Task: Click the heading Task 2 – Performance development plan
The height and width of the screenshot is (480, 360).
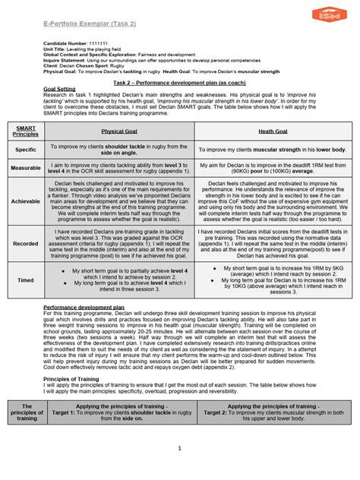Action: pyautogui.click(x=179, y=81)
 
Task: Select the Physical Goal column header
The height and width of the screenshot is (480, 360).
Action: pyautogui.click(x=118, y=131)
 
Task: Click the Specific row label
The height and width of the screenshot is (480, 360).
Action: pyautogui.click(x=27, y=150)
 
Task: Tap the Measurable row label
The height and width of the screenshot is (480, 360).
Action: pyautogui.click(x=27, y=167)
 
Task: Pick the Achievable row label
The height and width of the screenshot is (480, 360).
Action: pyautogui.click(x=27, y=201)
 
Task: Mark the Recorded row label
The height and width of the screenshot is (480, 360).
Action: pyautogui.click(x=27, y=245)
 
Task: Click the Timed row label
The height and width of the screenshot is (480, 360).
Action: pyautogui.click(x=27, y=279)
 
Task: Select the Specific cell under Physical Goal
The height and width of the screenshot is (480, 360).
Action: pyautogui.click(x=118, y=150)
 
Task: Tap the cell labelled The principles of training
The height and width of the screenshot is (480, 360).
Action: pyautogui.click(x=27, y=412)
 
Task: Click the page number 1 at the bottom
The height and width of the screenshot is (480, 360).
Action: pyautogui.click(x=179, y=449)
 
